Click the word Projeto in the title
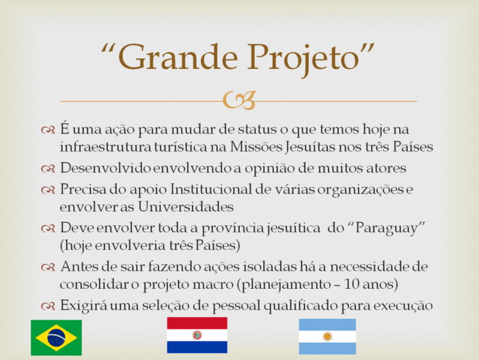click(x=311, y=58)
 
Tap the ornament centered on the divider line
click(x=239, y=101)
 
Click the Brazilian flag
click(x=56, y=338)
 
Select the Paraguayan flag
click(x=197, y=335)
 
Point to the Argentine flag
click(x=327, y=336)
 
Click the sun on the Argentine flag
click(x=327, y=336)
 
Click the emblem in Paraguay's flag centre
click(x=197, y=335)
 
